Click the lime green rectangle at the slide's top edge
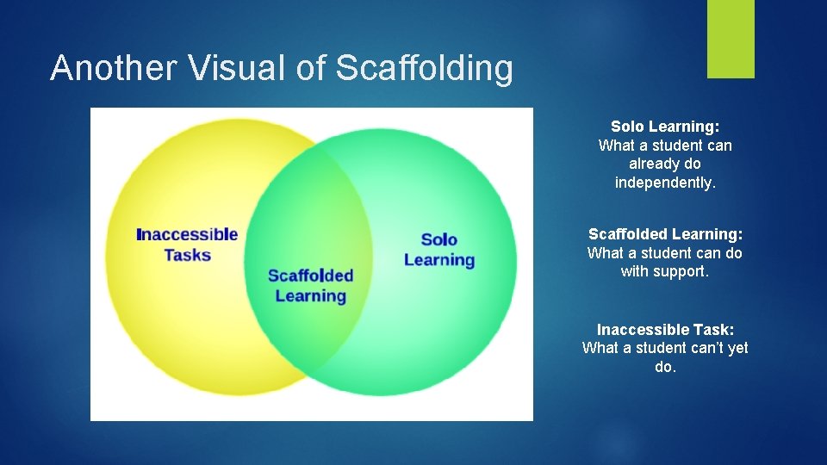click(x=731, y=38)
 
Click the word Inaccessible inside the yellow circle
click(x=187, y=234)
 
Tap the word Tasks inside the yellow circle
click(x=187, y=255)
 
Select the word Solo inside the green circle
click(x=438, y=239)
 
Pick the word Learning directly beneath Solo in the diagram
click(x=438, y=259)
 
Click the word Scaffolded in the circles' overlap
click(x=310, y=276)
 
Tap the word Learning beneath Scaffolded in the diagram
click(x=310, y=296)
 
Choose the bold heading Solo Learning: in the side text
click(x=665, y=127)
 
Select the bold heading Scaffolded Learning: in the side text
click(x=665, y=234)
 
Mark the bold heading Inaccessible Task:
click(x=665, y=330)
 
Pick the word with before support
click(x=636, y=272)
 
